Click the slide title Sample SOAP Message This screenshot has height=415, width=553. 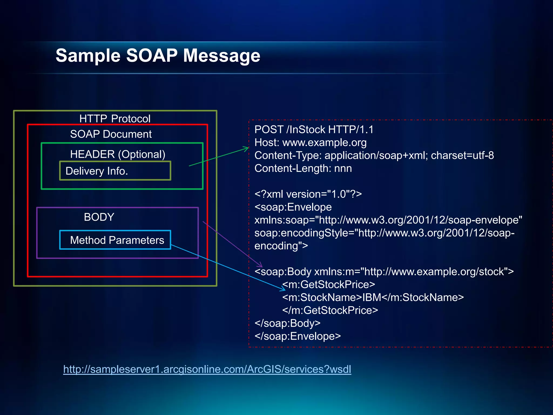point(158,55)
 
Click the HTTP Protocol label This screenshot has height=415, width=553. point(115,119)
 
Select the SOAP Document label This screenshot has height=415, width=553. point(111,134)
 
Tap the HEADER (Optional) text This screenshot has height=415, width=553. point(117,154)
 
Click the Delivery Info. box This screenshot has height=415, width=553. point(115,171)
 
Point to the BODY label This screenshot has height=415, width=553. point(99,217)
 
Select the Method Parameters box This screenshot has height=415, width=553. point(115,240)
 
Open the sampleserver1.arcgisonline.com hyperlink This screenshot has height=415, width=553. point(207,369)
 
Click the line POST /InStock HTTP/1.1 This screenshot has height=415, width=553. point(314,129)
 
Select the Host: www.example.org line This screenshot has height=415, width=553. point(310,142)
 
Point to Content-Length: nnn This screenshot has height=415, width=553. point(303,168)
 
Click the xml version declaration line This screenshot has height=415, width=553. point(308,194)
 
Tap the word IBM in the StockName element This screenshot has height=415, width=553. point(372,297)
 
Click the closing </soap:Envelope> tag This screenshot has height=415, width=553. point(298,336)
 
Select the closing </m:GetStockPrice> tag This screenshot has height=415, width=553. point(330,310)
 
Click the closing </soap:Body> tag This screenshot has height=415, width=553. point(287,323)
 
